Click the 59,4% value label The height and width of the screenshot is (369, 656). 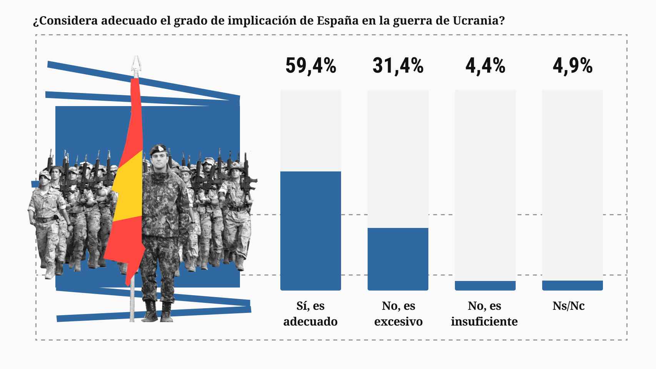point(311,66)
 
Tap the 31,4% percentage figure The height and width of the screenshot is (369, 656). point(398,66)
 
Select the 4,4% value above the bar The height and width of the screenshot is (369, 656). point(485,66)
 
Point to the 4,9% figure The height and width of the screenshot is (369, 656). point(573,66)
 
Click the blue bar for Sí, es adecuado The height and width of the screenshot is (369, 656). point(311,231)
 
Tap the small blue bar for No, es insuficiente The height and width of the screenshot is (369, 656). point(485,286)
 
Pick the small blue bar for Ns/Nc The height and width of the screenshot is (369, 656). point(573,285)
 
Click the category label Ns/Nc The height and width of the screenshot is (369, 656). point(568,306)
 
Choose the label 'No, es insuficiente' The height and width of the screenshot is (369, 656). point(485,314)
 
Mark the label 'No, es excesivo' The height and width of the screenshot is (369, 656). point(398,314)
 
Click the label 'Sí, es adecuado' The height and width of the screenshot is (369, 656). point(310,314)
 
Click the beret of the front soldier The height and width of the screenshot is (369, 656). point(158,149)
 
